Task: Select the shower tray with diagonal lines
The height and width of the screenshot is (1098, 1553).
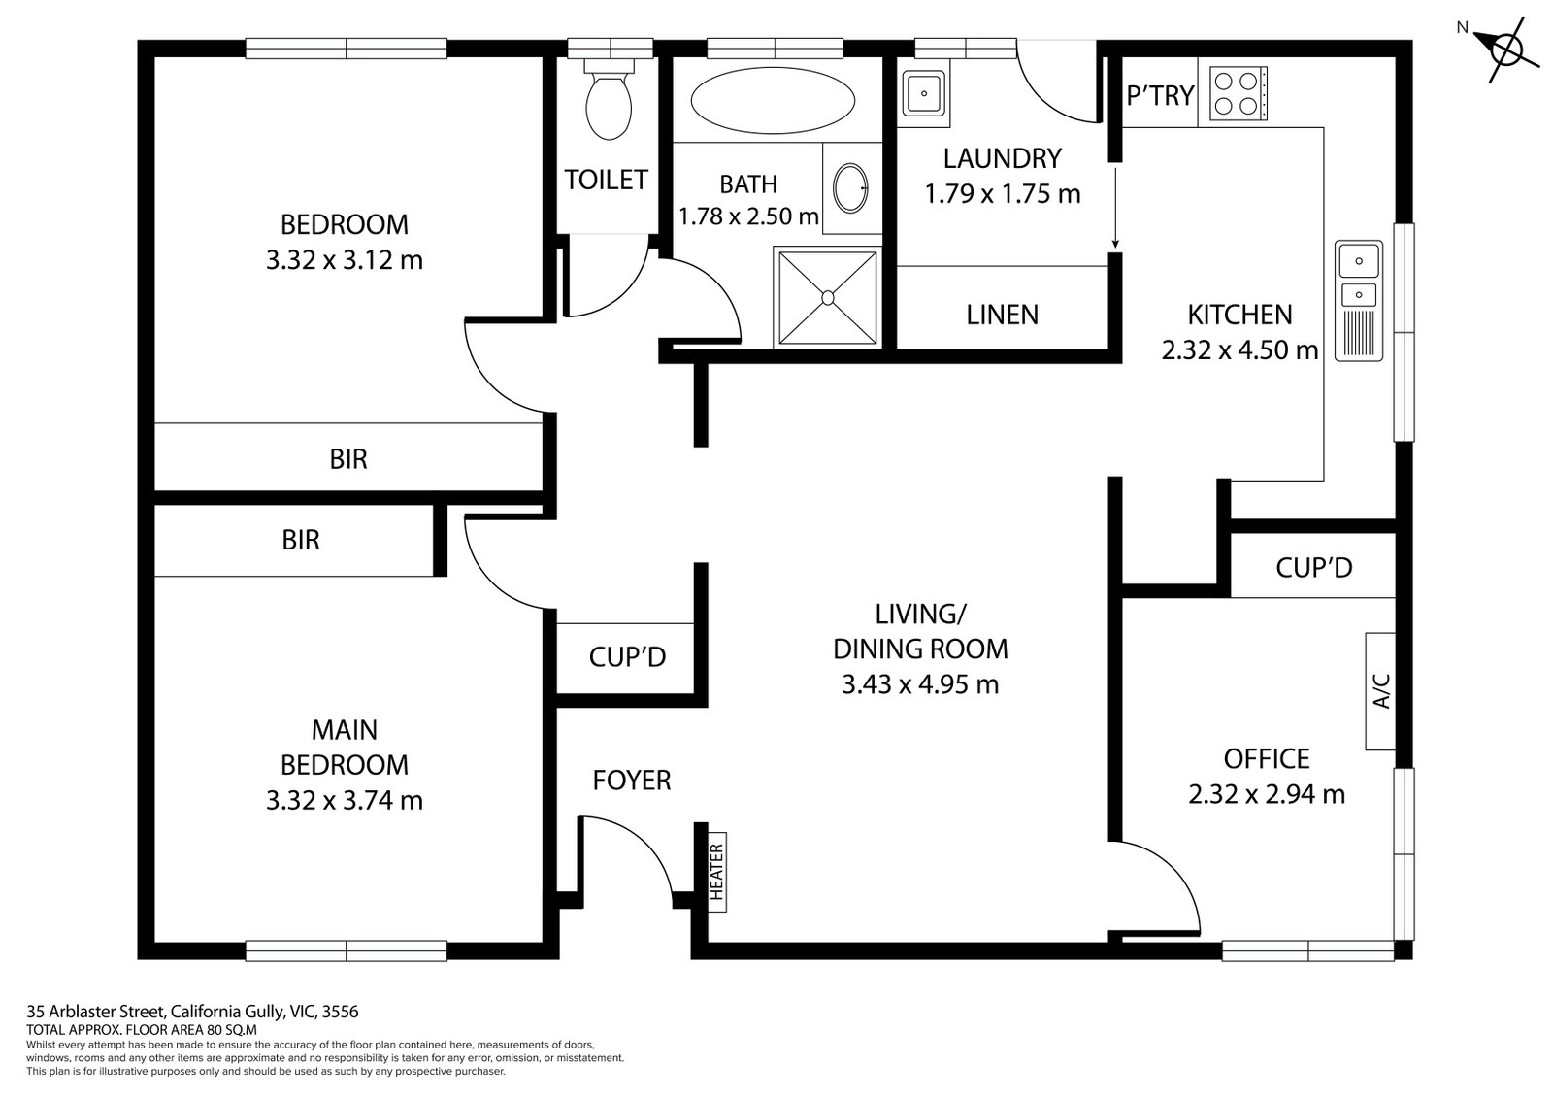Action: pos(827,296)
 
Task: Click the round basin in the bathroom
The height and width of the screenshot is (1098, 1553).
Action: pos(852,187)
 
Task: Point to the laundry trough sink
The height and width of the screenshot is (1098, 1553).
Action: pos(924,93)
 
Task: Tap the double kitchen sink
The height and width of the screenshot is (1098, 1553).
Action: pos(1358,301)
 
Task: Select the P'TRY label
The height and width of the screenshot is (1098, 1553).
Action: pos(1160,96)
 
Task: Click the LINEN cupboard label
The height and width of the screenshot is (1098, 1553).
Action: pos(1002,315)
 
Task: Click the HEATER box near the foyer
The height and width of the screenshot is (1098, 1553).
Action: pos(717,871)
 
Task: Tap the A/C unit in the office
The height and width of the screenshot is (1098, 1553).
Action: pos(1381,691)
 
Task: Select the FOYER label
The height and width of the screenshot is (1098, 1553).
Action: pos(632,780)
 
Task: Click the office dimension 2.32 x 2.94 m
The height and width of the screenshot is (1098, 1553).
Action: pos(1266,794)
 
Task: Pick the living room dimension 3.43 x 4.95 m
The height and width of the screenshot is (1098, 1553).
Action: pos(919,684)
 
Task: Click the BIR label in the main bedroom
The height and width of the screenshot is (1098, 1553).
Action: pos(301,540)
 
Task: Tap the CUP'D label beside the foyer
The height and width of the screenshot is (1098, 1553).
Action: pos(627,657)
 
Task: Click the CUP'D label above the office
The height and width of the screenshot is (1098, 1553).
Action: pos(1313,567)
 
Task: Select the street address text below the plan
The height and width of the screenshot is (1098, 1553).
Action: pos(192,1011)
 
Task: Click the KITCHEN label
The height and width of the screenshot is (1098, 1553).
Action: pos(1239,315)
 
